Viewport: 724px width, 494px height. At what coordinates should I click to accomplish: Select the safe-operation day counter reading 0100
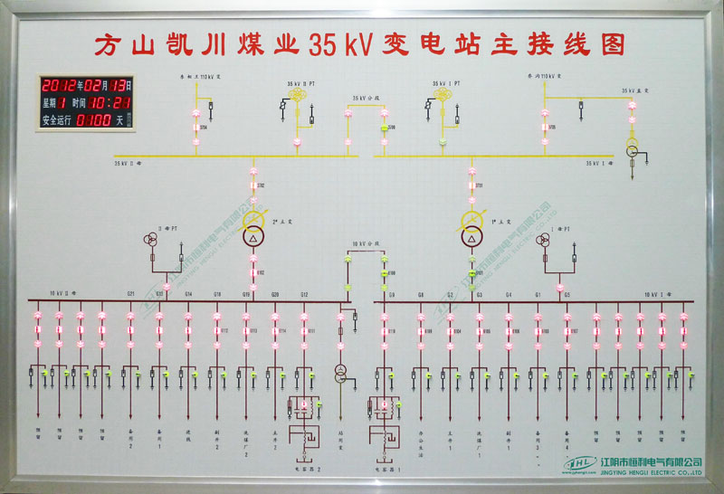coord(93,119)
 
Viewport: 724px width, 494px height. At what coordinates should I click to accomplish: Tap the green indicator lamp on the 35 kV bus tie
coord(384,128)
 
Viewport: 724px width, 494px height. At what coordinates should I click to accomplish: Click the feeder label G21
coord(131,294)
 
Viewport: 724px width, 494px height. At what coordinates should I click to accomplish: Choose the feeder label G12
coord(304,294)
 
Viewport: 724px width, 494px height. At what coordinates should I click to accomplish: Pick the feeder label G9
coord(391,294)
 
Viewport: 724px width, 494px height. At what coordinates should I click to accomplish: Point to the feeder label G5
coord(567,294)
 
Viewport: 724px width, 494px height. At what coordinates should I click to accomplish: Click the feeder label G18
coord(217,294)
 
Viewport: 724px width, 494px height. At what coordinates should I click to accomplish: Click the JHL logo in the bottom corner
coord(579,463)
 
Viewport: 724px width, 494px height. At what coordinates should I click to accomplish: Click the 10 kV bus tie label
coord(363,244)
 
